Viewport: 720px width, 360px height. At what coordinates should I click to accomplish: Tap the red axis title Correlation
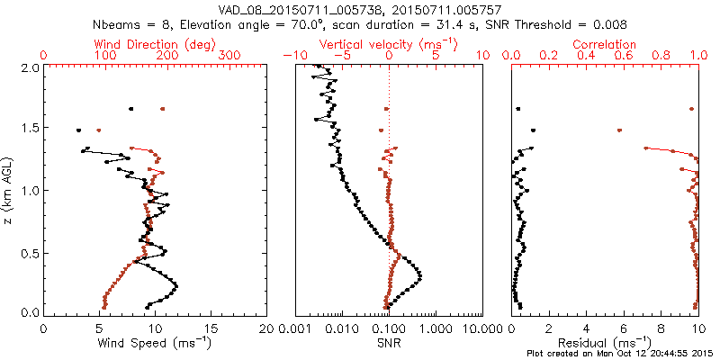[605, 44]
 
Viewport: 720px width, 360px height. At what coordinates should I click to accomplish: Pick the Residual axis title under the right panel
[604, 342]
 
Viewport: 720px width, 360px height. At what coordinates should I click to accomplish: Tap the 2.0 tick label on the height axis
[29, 67]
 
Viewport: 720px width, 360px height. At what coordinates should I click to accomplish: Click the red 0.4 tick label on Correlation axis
[586, 56]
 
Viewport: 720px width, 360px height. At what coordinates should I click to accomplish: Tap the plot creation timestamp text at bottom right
[621, 352]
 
